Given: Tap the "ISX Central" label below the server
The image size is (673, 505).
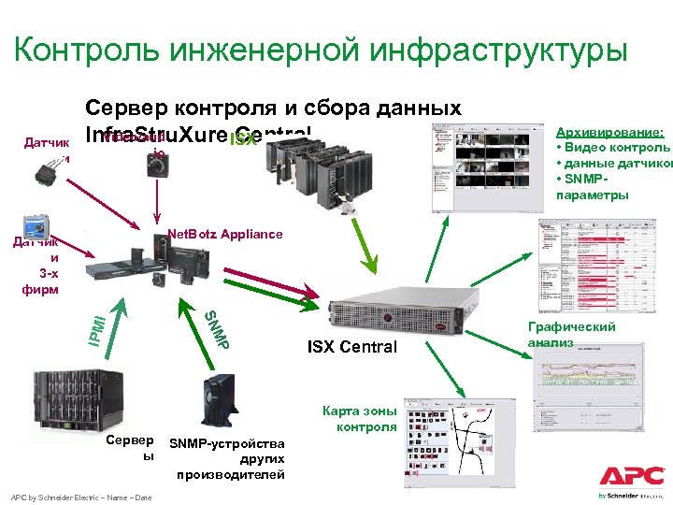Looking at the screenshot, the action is pos(351,348).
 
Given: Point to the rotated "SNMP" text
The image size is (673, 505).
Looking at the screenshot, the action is pos(217,328).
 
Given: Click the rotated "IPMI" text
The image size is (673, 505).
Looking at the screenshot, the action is pos(96,326).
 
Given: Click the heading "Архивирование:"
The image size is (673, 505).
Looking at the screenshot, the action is pos(609,134).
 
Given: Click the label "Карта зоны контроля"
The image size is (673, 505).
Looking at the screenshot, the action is pos(361,419).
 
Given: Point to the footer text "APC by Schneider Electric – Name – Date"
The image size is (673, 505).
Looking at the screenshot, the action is pos(79,498).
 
